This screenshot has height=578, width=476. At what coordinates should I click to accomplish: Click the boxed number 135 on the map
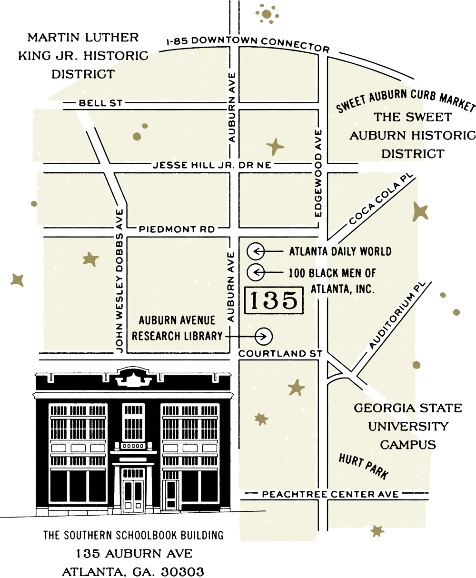(274, 300)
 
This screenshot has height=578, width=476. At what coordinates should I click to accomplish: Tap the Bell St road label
(101, 103)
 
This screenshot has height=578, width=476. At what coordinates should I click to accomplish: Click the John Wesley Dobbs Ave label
(120, 281)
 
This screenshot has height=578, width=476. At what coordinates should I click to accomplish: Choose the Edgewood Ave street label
(318, 173)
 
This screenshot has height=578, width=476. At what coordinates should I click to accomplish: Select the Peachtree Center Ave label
(330, 495)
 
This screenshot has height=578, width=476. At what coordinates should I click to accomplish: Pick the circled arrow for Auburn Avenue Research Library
(264, 336)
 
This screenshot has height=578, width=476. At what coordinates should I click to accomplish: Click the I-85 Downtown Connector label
(248, 44)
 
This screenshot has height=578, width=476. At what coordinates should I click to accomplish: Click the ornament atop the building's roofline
(133, 377)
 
